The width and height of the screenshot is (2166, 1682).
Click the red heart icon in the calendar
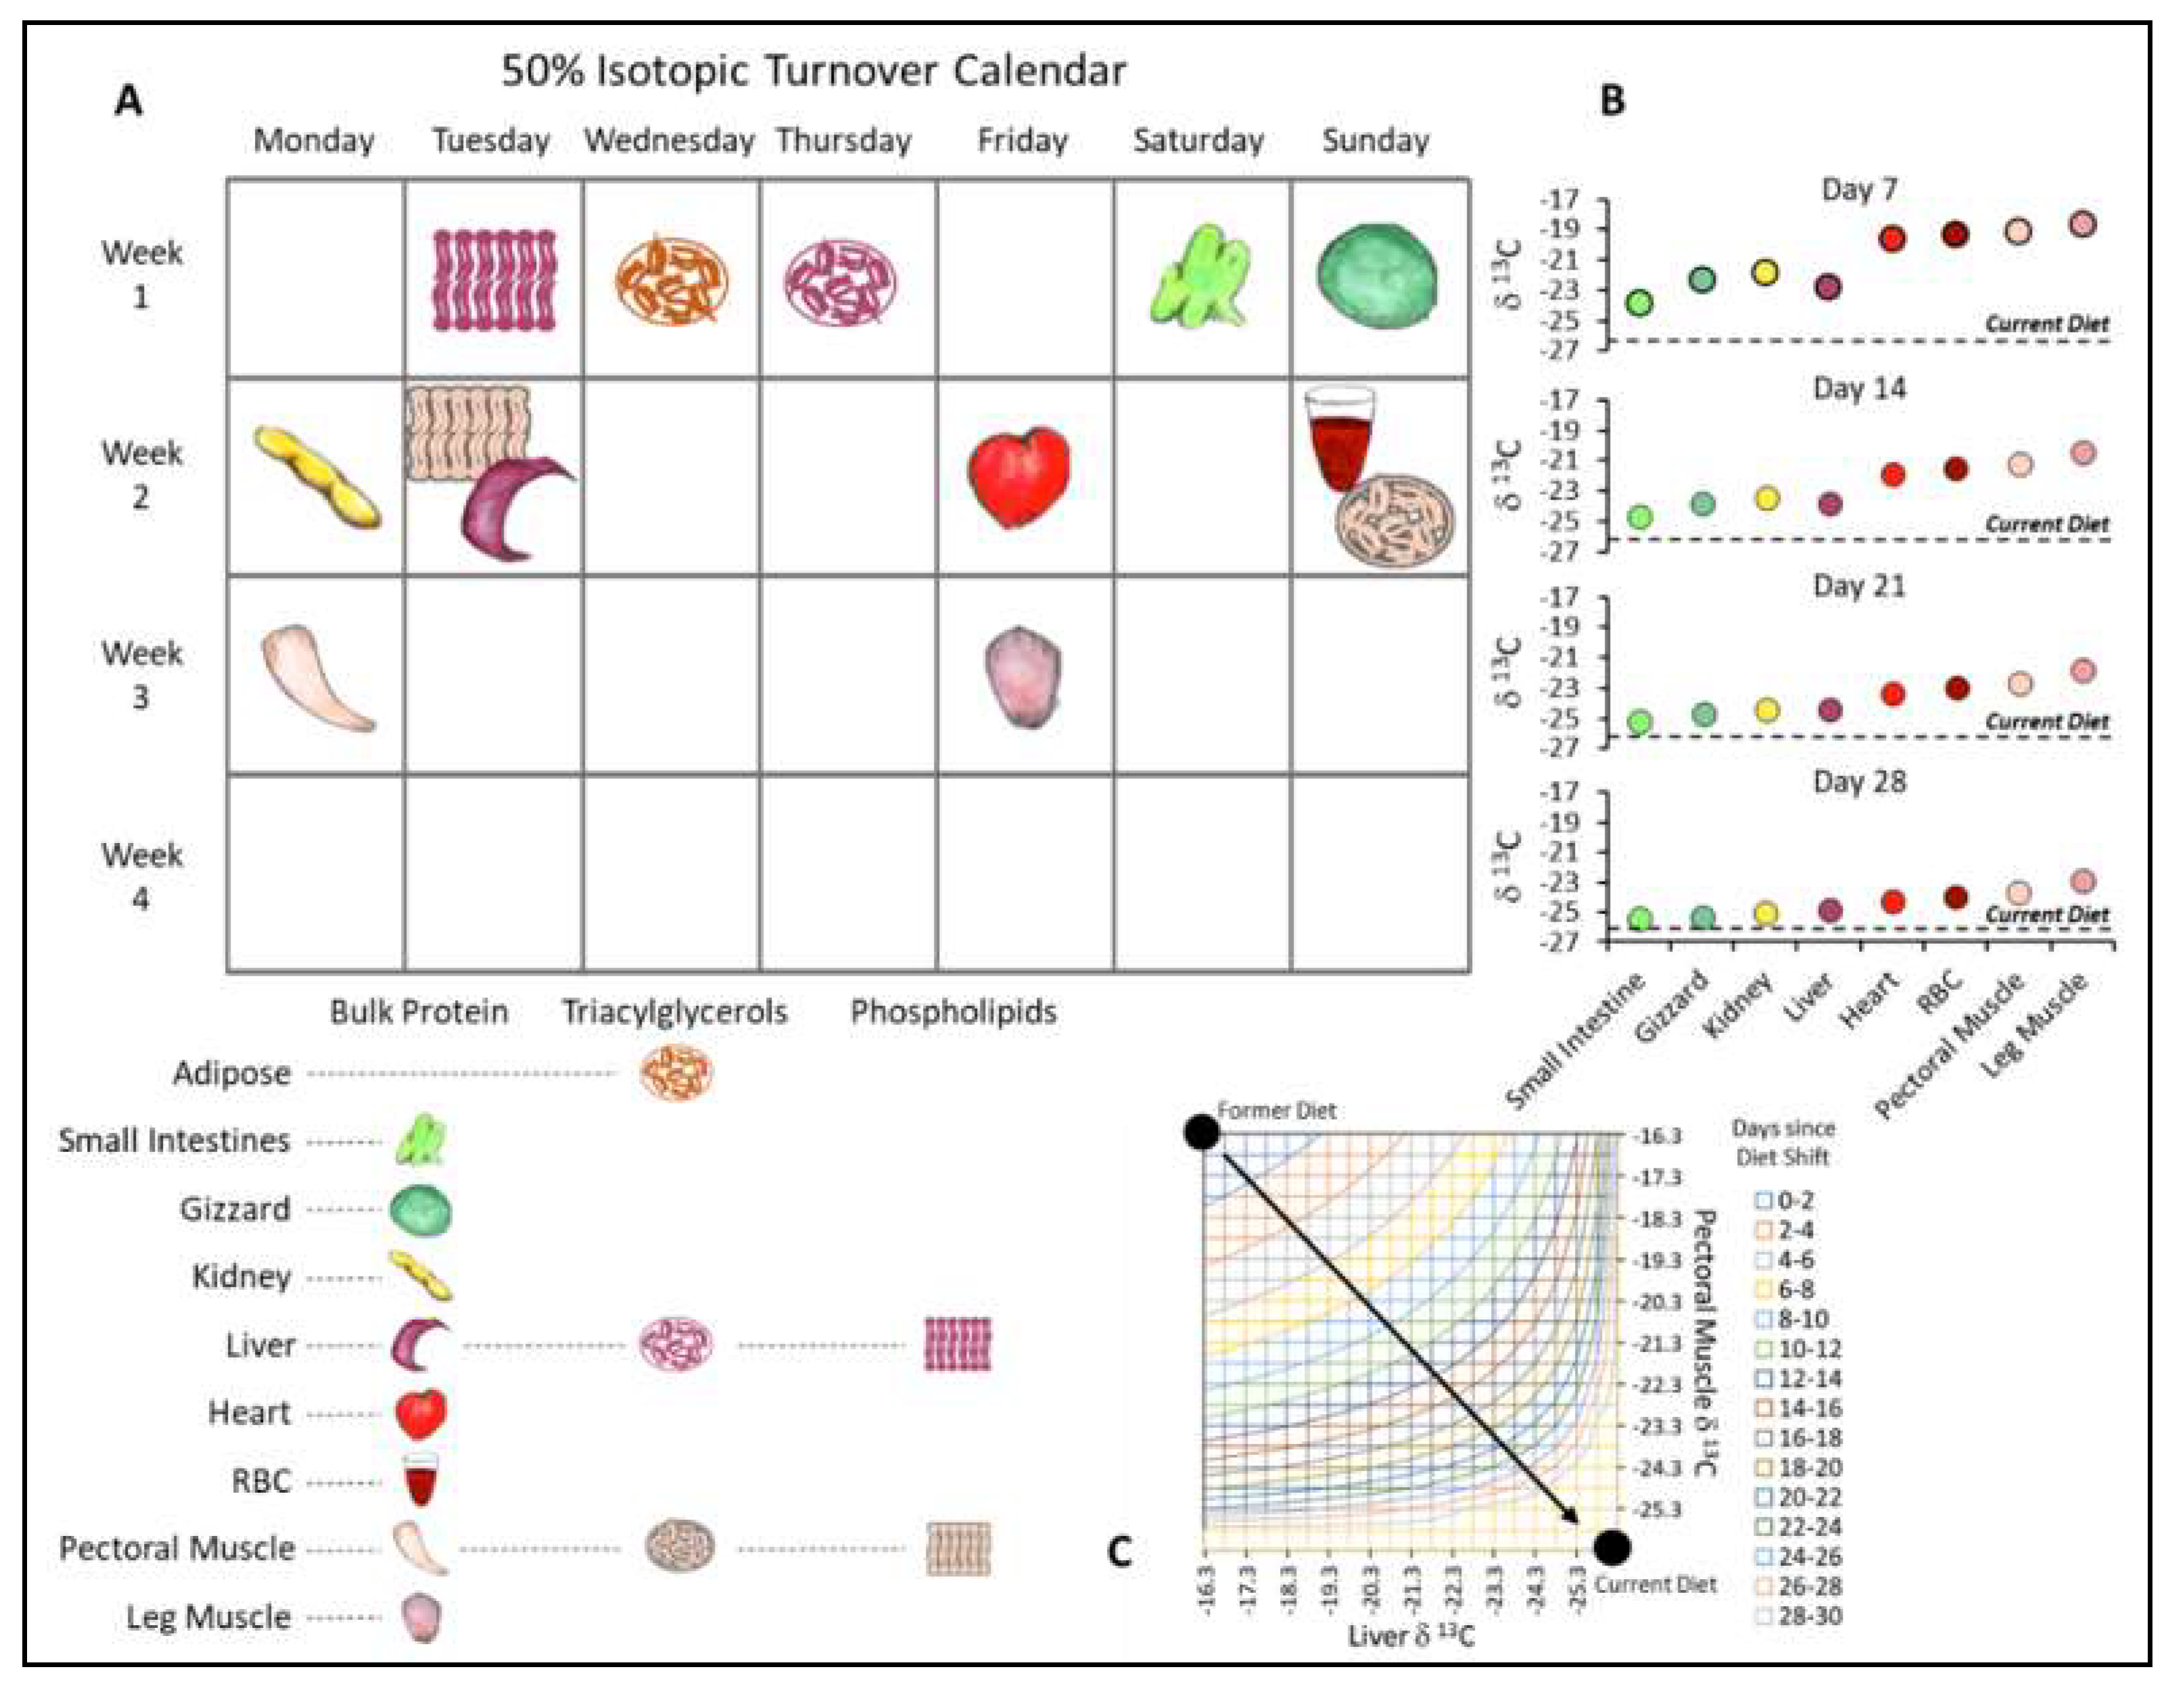pos(1020,475)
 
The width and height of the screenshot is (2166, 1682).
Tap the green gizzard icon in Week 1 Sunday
pos(1378,274)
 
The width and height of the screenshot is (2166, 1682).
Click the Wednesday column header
pos(669,141)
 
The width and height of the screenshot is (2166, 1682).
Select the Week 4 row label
pos(141,877)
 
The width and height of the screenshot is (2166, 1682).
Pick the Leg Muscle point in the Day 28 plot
pos(2083,881)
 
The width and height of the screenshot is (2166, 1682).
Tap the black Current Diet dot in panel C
pos(1613,1546)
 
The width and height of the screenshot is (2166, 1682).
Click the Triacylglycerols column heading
pos(674,1011)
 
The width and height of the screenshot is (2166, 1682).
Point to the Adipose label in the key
pos(232,1073)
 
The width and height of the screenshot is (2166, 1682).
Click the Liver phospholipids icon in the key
pos(957,1344)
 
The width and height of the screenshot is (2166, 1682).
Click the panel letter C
pos(1120,1551)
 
